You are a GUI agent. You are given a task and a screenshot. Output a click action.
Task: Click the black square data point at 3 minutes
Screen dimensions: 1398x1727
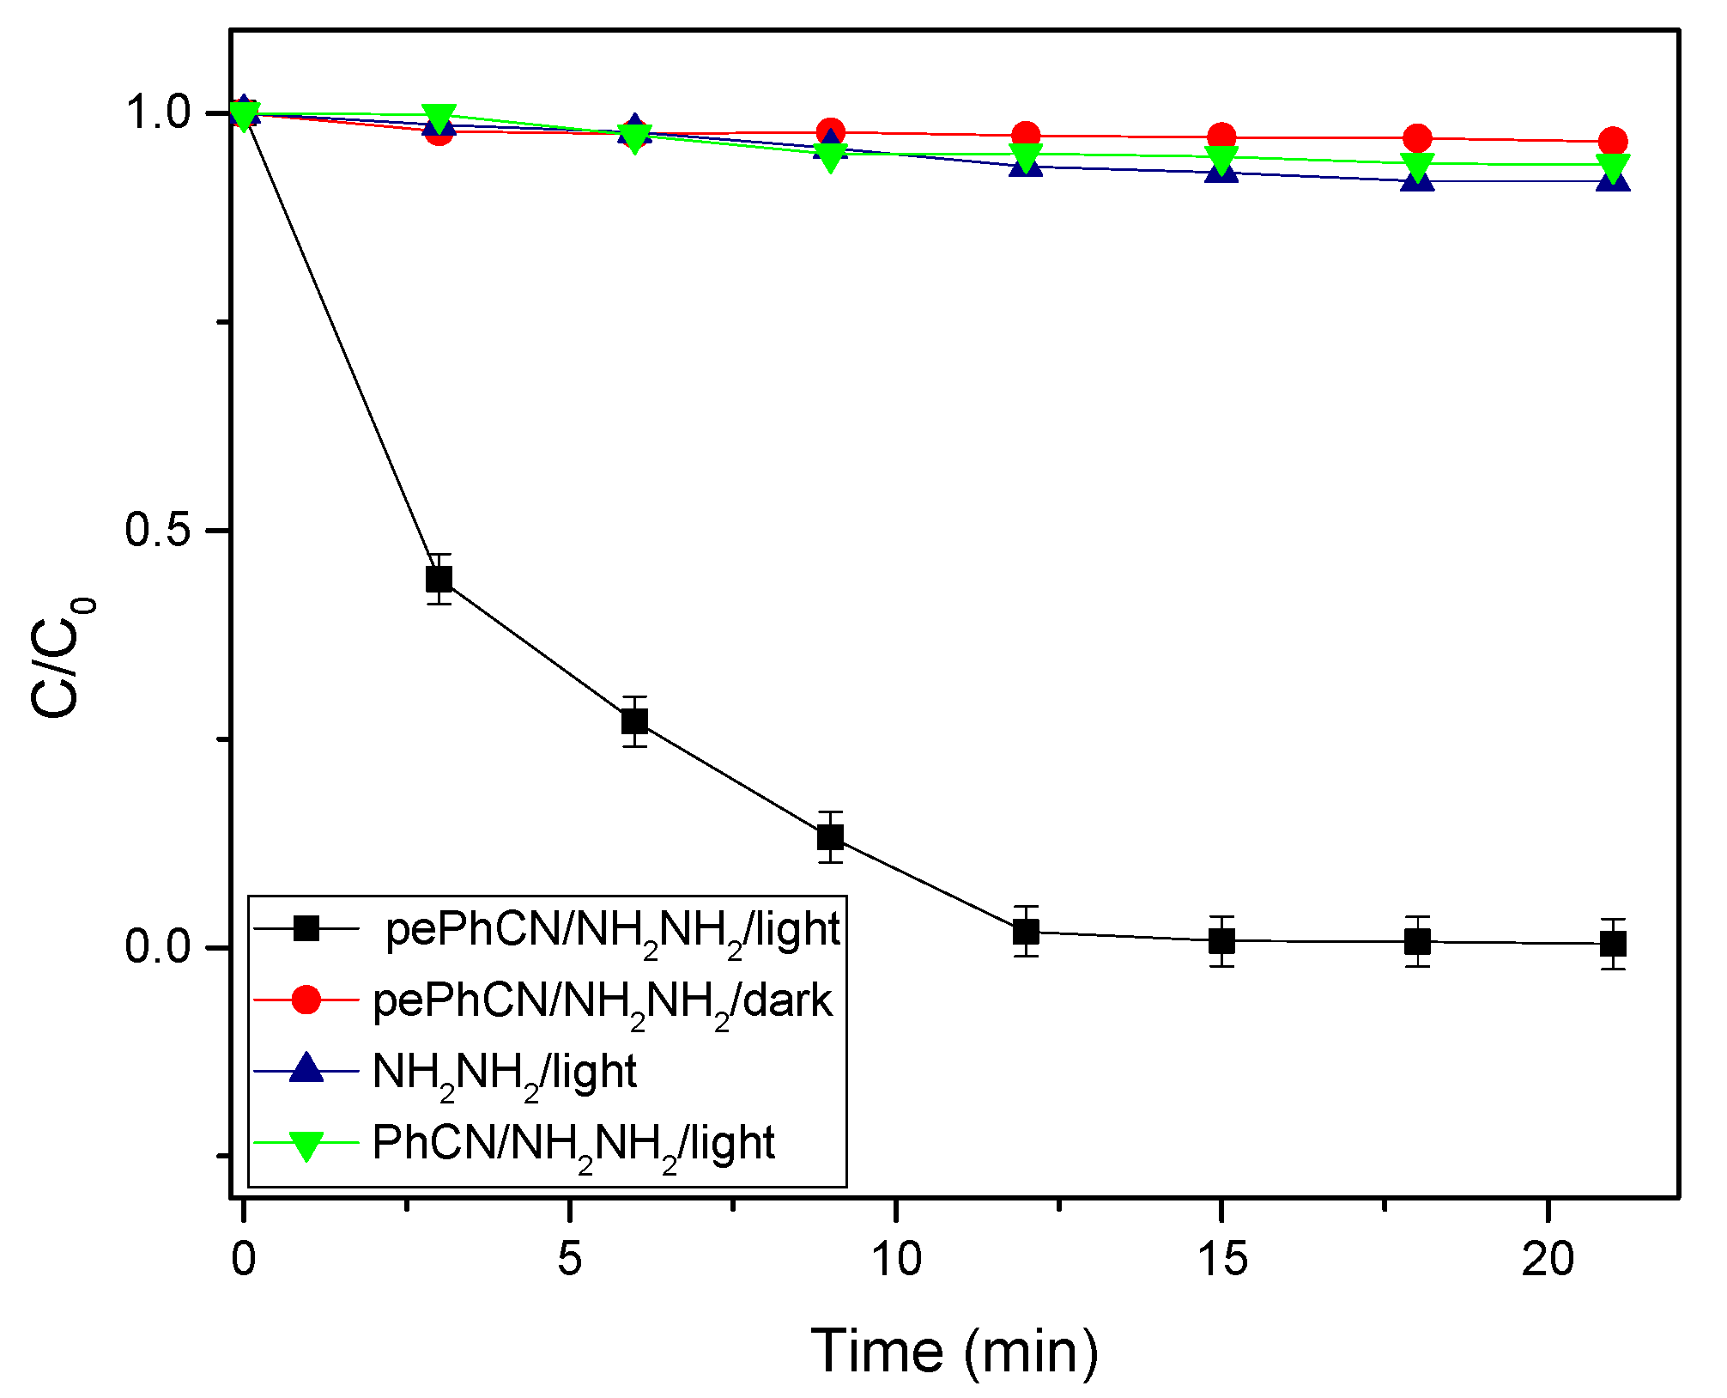[x=439, y=579]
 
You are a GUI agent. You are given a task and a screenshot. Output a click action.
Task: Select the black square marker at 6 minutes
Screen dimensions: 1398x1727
[x=634, y=721]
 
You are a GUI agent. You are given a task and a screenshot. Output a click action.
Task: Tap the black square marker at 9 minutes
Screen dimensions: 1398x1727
[x=830, y=836]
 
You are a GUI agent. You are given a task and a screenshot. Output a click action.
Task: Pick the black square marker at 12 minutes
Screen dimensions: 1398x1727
[x=1026, y=932]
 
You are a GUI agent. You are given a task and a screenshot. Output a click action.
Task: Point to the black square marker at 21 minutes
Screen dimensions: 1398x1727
[x=1613, y=944]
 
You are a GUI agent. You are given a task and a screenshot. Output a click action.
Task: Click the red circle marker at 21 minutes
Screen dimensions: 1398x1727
[x=1613, y=142]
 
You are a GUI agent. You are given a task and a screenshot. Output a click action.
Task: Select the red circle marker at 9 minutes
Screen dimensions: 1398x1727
[x=830, y=133]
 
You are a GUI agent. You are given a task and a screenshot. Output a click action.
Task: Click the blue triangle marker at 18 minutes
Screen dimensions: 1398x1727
[x=1417, y=178]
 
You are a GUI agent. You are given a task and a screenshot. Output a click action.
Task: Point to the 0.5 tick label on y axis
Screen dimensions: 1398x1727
[x=156, y=530]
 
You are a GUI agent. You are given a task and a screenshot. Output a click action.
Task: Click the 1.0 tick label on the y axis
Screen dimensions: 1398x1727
[x=156, y=112]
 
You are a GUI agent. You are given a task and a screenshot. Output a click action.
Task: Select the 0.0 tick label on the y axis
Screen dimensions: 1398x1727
[x=156, y=947]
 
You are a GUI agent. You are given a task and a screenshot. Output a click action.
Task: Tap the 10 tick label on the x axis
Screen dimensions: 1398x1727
[x=895, y=1260]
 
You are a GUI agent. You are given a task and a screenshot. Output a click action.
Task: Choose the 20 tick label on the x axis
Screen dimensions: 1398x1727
[x=1548, y=1260]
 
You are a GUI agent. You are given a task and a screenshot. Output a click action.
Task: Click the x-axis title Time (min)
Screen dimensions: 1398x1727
[x=954, y=1352]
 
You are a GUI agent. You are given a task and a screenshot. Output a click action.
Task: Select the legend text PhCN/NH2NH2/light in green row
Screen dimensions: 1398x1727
[x=573, y=1145]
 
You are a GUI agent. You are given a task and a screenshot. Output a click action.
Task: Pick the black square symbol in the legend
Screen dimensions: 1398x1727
[x=306, y=928]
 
